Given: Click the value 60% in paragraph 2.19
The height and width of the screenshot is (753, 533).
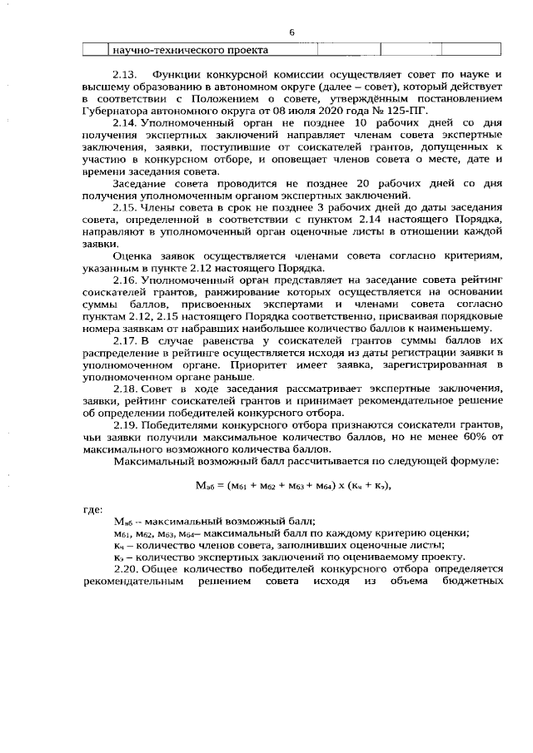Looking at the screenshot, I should [x=468, y=435].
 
